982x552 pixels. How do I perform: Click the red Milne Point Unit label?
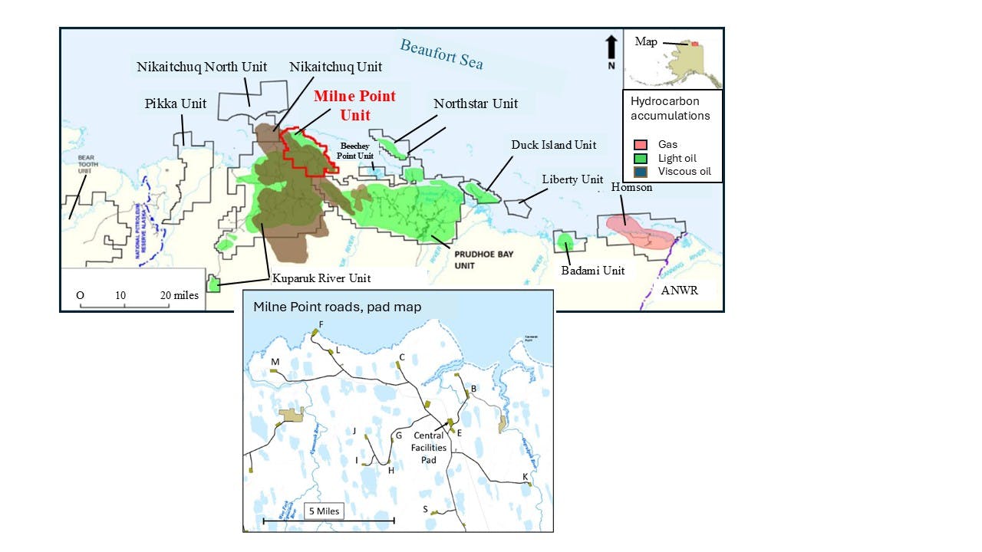354,106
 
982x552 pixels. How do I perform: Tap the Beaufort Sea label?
441,54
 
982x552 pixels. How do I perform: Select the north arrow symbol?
611,47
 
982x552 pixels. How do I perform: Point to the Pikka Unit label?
176,103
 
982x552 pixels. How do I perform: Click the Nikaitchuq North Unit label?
202,67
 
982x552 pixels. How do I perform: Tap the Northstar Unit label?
476,103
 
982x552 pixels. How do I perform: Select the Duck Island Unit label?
555,145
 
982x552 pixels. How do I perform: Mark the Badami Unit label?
592,270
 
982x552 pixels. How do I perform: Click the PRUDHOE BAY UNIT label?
481,260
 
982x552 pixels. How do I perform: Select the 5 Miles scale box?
323,511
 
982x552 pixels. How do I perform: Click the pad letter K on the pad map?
525,477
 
